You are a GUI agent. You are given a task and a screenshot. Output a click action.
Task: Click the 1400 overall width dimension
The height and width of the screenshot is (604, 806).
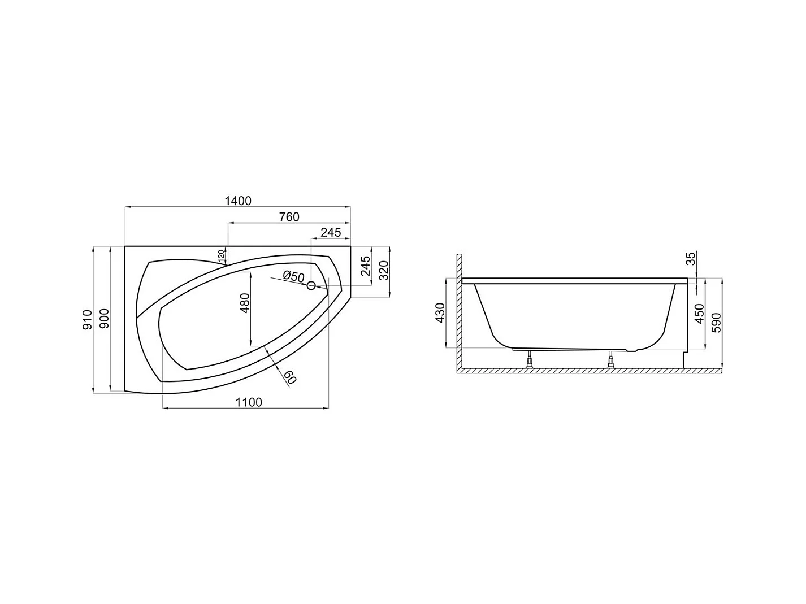(237, 201)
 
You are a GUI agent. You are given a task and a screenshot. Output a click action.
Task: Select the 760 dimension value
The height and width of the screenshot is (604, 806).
(289, 217)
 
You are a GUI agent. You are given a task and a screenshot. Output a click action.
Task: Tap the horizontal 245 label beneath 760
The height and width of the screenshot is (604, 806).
(331, 233)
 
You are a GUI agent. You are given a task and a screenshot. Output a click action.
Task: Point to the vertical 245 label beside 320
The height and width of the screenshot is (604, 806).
(365, 266)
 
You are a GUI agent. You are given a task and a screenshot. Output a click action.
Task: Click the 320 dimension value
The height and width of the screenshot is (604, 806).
(383, 271)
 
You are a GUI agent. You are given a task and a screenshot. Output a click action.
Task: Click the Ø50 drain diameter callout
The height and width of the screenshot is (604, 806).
(293, 276)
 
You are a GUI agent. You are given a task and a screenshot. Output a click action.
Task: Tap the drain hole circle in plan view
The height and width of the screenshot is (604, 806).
(311, 286)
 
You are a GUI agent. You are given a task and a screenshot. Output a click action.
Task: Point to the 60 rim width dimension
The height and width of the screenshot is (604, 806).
(289, 377)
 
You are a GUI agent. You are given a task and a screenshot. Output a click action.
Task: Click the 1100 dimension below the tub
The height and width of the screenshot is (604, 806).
(249, 402)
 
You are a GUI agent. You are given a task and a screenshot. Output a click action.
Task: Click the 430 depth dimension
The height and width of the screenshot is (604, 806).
(440, 313)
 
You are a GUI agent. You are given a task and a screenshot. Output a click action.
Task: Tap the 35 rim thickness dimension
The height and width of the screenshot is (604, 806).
(691, 259)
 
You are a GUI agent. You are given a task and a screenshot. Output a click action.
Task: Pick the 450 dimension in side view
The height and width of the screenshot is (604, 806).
(700, 314)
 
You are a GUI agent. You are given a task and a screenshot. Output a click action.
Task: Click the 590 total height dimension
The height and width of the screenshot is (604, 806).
(717, 322)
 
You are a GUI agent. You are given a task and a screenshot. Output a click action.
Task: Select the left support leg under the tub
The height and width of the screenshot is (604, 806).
(529, 360)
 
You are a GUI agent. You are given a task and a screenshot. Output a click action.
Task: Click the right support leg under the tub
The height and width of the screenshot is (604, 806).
(610, 360)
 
